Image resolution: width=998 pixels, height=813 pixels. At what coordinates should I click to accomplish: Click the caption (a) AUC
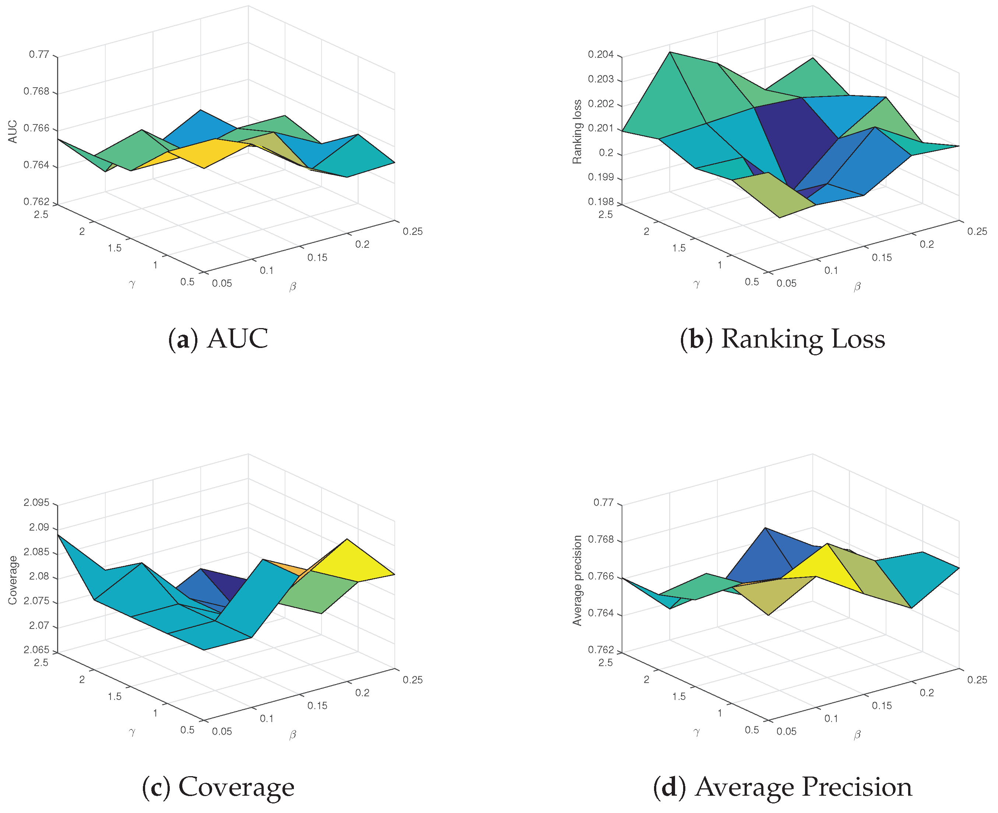pos(218,339)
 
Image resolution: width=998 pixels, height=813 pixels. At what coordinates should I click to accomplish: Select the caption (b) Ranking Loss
pos(782,339)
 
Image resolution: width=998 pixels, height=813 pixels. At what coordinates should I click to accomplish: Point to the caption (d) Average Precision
pos(782,787)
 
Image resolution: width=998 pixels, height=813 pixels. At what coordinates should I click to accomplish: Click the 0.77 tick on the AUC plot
pos(39,54)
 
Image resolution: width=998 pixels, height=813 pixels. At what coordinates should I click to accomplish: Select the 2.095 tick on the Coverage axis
pos(36,503)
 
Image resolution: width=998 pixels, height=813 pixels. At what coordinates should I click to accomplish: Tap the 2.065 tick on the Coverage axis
pos(36,650)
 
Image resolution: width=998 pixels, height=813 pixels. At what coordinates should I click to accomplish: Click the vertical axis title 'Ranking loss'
pos(577,131)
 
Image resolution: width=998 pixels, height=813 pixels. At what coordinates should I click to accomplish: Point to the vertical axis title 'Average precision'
pos(577,580)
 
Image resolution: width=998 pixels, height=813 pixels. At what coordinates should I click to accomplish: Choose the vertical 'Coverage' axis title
pos(13,580)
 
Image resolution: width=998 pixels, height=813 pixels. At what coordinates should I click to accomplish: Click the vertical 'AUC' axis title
pos(13,131)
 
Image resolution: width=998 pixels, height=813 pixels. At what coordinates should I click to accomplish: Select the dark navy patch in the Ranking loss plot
pos(796,141)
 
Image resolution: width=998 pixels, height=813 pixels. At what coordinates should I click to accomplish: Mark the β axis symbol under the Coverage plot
pos(293,734)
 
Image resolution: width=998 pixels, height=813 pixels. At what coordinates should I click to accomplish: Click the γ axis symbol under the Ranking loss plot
pos(696,284)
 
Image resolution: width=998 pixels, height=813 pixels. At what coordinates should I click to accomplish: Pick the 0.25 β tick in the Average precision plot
pos(977,680)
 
